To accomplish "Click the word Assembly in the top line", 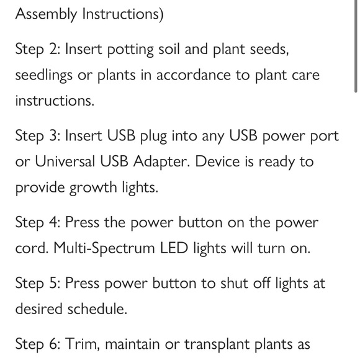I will [45, 14].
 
